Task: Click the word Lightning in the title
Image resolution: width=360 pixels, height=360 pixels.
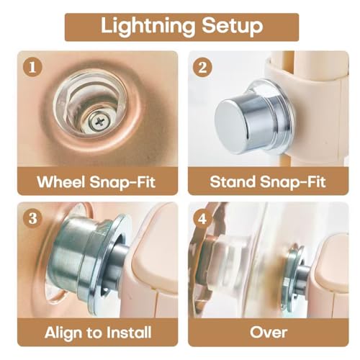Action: click(148, 27)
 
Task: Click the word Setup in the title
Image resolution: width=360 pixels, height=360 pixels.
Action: click(232, 27)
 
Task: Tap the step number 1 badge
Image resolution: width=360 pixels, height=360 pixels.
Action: click(32, 67)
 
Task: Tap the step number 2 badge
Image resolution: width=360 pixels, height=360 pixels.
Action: click(202, 67)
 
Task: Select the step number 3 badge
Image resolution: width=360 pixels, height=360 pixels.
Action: click(32, 218)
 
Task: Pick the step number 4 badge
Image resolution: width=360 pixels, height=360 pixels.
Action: click(202, 218)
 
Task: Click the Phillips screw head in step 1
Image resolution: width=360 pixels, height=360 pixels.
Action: click(99, 122)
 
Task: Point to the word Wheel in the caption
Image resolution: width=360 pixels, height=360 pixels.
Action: click(61, 181)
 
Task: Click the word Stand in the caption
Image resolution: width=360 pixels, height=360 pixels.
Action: click(233, 181)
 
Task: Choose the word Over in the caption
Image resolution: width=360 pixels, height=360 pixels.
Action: click(269, 333)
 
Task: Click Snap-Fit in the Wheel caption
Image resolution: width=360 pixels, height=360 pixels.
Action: click(122, 182)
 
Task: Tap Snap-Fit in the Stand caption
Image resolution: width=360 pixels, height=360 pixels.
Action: click(293, 182)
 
